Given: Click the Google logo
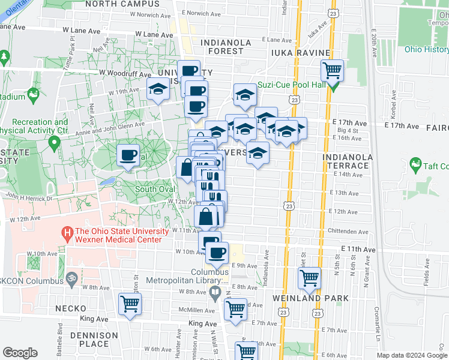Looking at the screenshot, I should [x=20, y=353].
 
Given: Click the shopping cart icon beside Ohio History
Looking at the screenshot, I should [x=332, y=72].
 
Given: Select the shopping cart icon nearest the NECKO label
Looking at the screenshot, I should [x=130, y=305].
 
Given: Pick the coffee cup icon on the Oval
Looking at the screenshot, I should [x=128, y=156].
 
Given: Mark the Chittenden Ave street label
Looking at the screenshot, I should [x=347, y=231].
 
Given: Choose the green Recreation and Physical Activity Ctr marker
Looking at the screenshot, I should [x=55, y=143].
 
